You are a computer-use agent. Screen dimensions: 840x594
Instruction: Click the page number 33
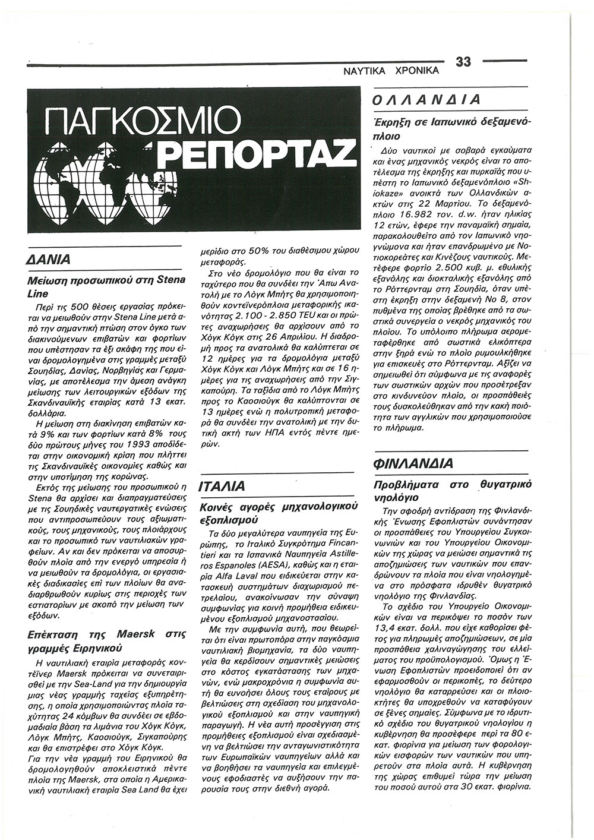point(463,61)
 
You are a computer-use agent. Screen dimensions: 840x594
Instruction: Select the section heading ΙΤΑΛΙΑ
point(223,487)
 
